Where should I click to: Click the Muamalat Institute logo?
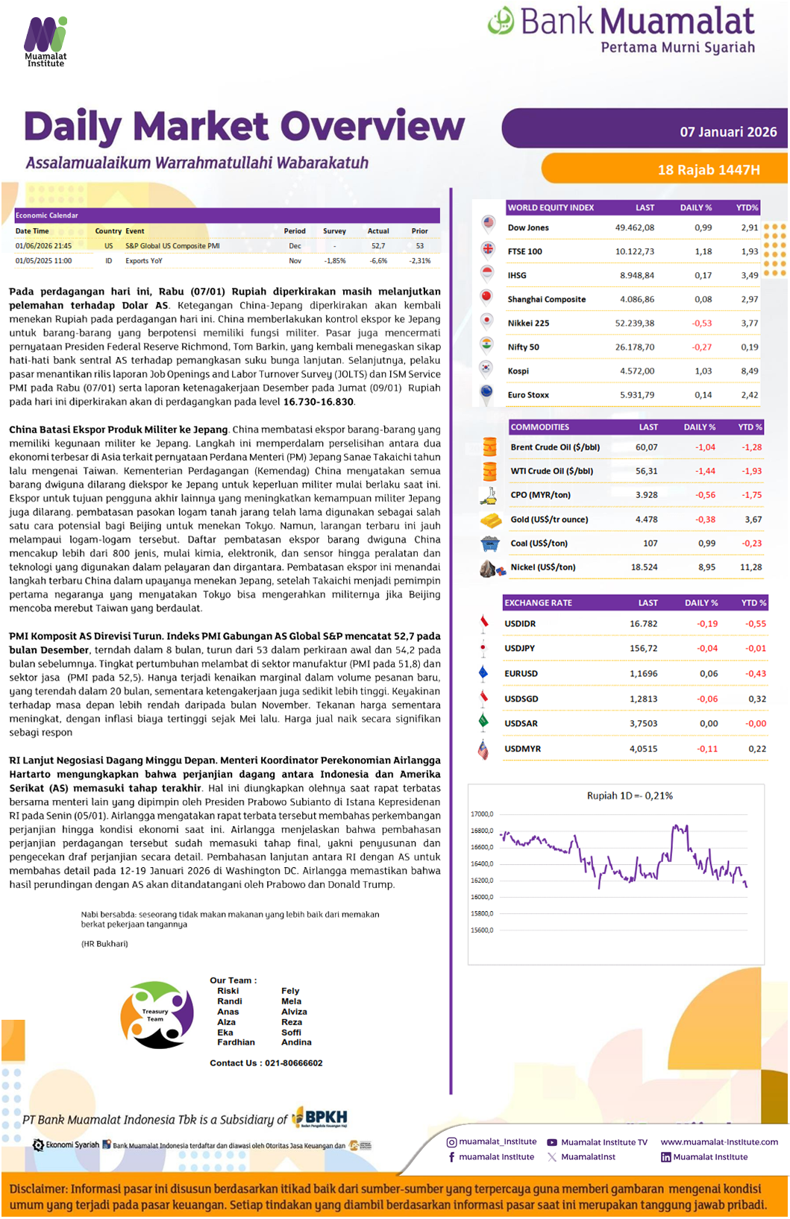tap(46, 42)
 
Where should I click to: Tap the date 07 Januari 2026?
tap(727, 132)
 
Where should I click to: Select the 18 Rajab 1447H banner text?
tap(708, 170)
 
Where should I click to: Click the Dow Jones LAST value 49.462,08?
tap(634, 228)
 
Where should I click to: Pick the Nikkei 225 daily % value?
tap(701, 324)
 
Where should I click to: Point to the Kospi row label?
tap(518, 371)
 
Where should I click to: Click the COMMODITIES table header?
tap(539, 427)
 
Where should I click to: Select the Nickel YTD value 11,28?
tap(750, 567)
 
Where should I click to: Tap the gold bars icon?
tap(490, 520)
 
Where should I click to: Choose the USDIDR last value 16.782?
tap(643, 624)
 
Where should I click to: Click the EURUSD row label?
tap(521, 674)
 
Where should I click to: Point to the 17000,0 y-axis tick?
tap(482, 814)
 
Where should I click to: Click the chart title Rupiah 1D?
tap(629, 796)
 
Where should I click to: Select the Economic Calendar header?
tap(47, 215)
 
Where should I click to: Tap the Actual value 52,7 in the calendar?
tap(378, 246)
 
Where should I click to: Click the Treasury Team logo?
tap(157, 1015)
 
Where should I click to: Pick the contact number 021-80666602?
tap(293, 1063)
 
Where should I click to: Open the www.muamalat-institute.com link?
tap(718, 1142)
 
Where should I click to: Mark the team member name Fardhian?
tap(236, 1042)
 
